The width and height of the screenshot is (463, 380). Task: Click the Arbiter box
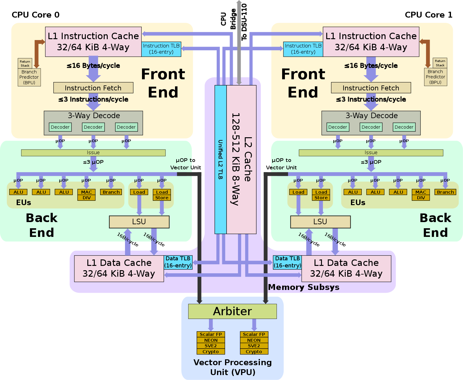pos(232,311)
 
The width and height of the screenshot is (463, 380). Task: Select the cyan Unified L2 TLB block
pos(220,159)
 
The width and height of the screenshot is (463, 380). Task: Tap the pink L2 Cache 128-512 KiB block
pos(241,159)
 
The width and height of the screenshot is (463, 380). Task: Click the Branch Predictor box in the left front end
pos(29,77)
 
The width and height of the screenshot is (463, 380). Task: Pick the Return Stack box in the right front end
pos(440,63)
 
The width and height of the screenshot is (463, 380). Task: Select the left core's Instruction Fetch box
pos(93,88)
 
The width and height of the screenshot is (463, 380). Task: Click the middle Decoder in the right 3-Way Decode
pos(371,127)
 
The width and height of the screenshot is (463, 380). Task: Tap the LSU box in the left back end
pos(139,222)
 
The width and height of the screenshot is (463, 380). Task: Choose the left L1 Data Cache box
pos(119,268)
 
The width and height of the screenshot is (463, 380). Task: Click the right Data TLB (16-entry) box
pos(287,262)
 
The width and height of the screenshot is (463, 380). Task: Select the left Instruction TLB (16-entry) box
pos(161,49)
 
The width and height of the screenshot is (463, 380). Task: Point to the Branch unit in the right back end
pos(445,192)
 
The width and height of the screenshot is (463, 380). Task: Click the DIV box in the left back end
pos(87,198)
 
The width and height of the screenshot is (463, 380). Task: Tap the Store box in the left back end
pos(162,198)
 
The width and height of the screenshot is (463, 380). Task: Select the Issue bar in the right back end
pos(371,153)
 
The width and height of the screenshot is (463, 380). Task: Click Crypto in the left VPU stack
pos(211,352)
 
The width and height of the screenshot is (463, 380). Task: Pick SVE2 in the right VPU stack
pos(254,346)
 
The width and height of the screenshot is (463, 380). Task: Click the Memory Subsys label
pos(304,287)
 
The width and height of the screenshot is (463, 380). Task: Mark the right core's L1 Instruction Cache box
pos(371,42)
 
